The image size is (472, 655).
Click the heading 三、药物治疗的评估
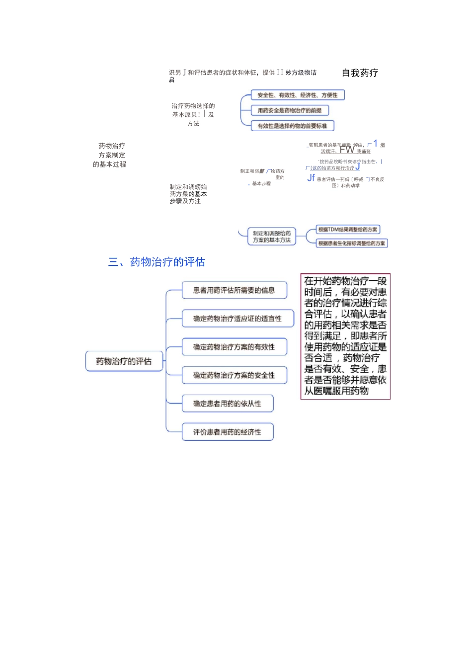(x=157, y=262)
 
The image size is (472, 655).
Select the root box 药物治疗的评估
(x=124, y=361)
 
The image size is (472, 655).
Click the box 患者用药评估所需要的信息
(x=234, y=290)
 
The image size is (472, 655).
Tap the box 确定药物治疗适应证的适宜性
(x=237, y=319)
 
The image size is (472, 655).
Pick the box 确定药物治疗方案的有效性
(x=234, y=347)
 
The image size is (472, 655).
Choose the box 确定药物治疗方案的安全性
(x=234, y=375)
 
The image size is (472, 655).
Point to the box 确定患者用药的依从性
(x=227, y=404)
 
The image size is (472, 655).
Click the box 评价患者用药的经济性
(x=227, y=432)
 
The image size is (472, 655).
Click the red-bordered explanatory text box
(x=345, y=336)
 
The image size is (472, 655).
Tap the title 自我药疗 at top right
(x=360, y=73)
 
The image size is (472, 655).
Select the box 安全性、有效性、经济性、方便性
(x=297, y=95)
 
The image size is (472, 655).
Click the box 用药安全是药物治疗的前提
(x=290, y=110)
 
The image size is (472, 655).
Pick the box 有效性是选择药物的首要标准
(x=292, y=126)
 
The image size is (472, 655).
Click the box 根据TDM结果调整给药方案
(x=348, y=230)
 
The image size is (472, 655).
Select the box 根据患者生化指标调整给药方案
(x=352, y=243)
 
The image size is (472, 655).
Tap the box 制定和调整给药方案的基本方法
(x=272, y=237)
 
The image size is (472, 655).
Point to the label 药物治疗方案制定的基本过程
(x=110, y=155)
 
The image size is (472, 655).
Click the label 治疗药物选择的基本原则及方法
(x=193, y=115)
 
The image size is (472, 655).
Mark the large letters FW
(x=347, y=149)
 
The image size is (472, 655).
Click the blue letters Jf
(x=311, y=177)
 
